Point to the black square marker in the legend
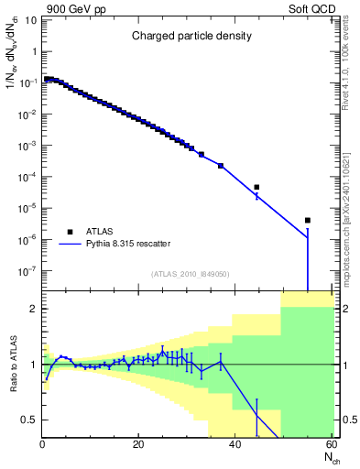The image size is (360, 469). coord(69,232)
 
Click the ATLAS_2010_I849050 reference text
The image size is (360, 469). coord(191,273)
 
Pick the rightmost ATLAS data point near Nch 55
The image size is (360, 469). coord(308,220)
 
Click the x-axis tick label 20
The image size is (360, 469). coord(138,446)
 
